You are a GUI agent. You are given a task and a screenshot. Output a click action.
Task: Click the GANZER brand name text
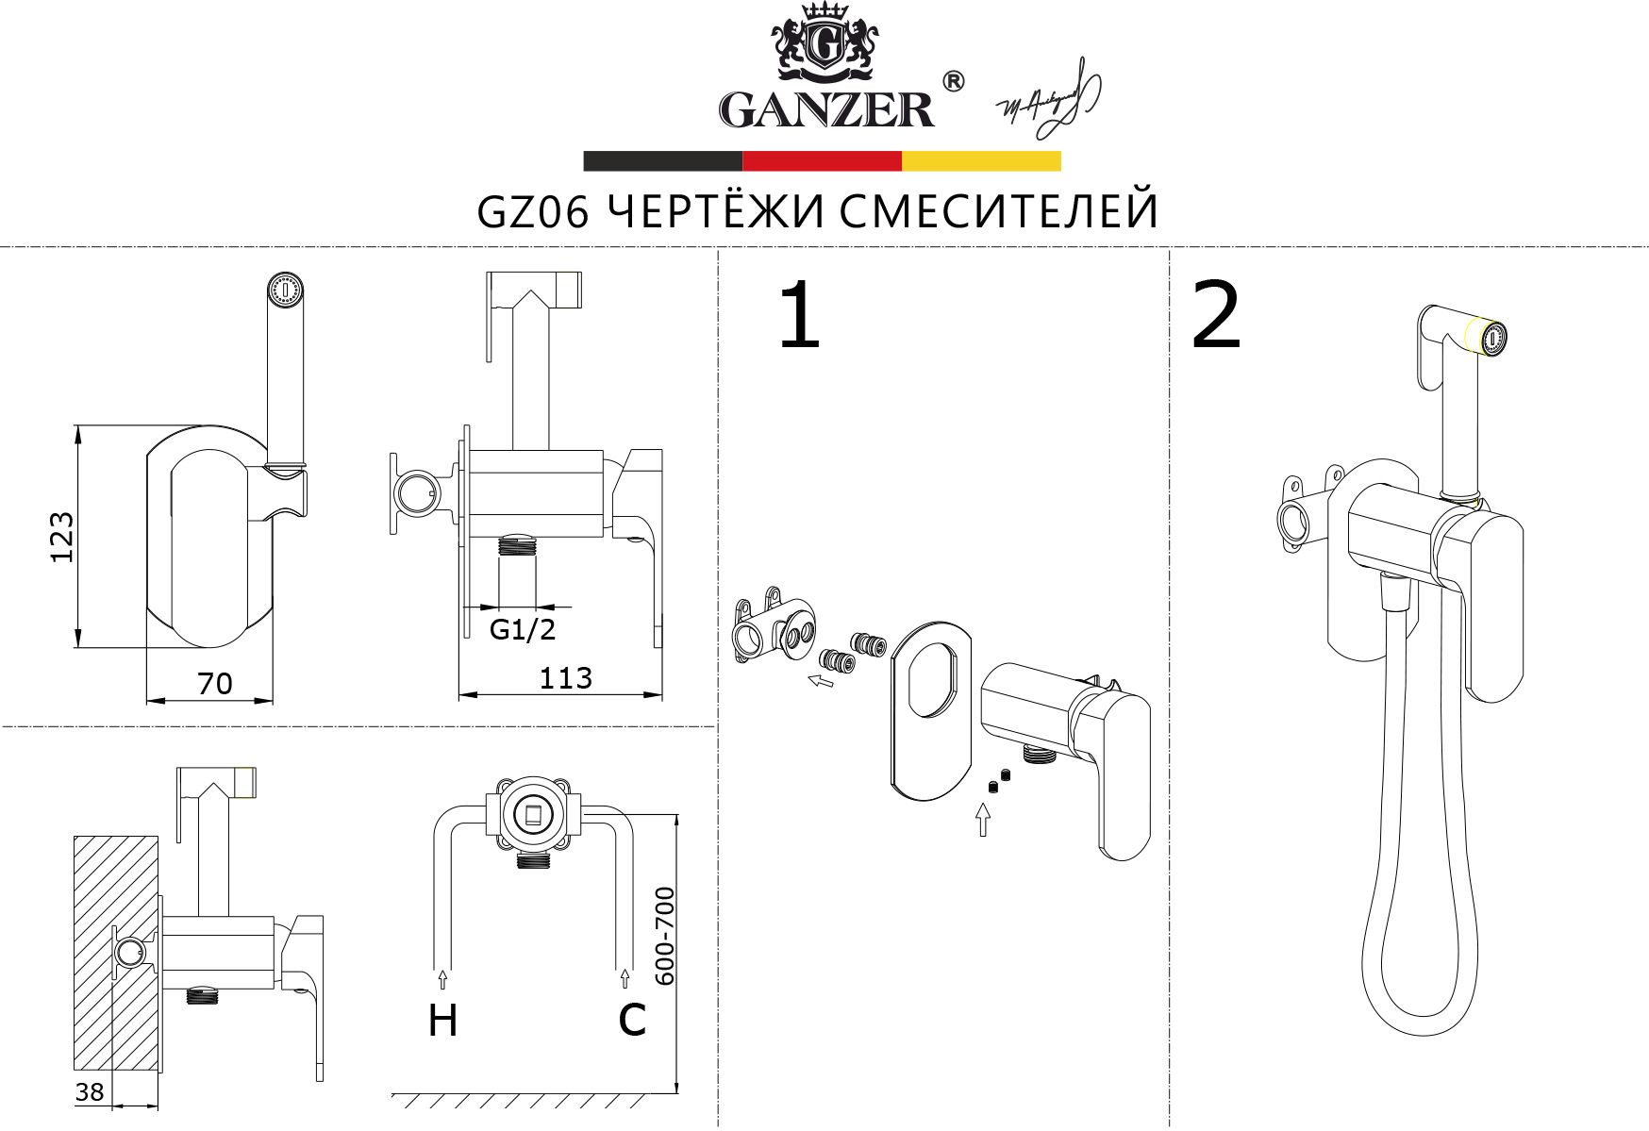point(825,109)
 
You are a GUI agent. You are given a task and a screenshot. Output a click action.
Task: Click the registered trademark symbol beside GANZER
point(954,82)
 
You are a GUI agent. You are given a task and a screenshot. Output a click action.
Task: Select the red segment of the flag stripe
point(822,161)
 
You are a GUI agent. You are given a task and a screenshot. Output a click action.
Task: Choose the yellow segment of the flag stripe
point(981,161)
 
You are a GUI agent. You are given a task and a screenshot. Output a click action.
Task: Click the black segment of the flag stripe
point(662,161)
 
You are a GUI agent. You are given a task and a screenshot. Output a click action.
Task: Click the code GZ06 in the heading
point(533,211)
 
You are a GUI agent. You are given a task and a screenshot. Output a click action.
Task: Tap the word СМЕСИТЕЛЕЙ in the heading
point(998,211)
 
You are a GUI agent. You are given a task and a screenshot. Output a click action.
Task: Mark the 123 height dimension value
point(61,538)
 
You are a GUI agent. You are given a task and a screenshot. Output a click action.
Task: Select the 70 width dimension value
point(215,683)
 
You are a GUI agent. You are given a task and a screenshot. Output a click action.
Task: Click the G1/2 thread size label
point(523,629)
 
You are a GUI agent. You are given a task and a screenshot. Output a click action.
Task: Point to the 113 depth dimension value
point(565,678)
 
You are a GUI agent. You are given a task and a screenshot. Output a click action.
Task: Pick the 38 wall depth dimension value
point(90,1091)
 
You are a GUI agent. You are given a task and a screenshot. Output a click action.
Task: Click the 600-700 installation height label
point(665,936)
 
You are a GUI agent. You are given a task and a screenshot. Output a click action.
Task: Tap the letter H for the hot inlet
point(442,1021)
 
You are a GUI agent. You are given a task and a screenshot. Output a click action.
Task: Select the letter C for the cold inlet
point(632,1020)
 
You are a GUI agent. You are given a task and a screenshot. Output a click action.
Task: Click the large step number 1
point(799,316)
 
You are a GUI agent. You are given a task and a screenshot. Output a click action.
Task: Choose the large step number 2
point(1216,316)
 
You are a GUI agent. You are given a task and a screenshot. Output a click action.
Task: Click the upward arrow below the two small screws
point(983,819)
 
